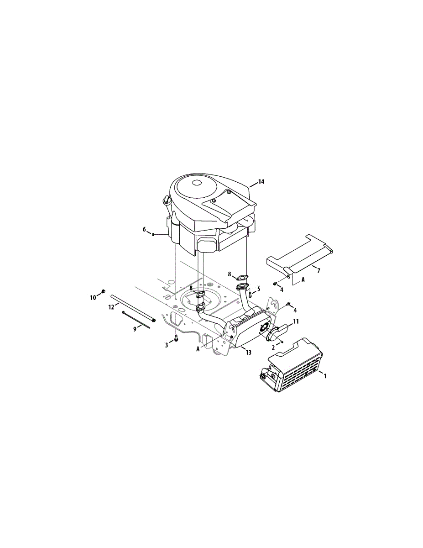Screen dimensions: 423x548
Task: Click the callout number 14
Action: (261, 182)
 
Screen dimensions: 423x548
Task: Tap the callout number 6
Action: (144, 229)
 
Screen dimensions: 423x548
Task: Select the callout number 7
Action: (319, 271)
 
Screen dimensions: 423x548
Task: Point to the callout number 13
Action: (248, 352)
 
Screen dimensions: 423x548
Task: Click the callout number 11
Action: (296, 321)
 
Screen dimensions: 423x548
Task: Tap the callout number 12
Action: (111, 307)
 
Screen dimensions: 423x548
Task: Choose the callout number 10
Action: (93, 298)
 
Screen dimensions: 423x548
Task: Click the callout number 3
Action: (166, 345)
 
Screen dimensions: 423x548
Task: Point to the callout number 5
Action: (259, 289)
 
